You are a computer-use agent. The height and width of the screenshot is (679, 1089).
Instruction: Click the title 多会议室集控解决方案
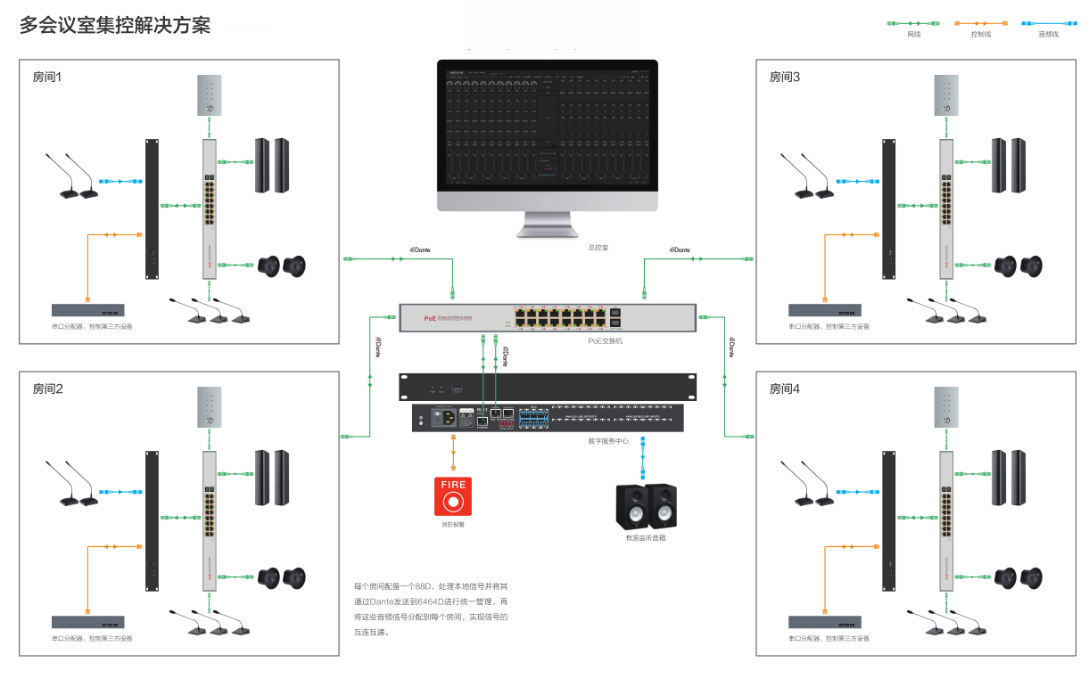coord(115,25)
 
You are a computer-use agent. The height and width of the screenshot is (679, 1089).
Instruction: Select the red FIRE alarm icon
coord(453,497)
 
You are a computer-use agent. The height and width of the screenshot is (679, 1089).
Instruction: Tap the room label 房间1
coord(47,77)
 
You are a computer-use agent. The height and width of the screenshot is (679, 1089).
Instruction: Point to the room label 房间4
coord(785,389)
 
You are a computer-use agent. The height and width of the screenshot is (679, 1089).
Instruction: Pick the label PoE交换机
coord(605,340)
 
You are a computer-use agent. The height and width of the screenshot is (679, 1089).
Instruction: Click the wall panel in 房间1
coord(209,95)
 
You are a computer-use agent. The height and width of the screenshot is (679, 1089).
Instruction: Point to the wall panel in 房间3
coord(945,95)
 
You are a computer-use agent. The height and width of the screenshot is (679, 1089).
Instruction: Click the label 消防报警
coord(452,524)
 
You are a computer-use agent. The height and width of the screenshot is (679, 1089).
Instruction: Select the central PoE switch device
coord(547,317)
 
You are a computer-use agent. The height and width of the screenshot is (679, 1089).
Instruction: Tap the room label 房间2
coord(47,389)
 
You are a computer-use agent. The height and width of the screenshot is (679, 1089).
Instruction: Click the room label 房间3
coord(785,77)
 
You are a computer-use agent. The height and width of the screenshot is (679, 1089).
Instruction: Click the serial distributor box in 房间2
coord(87,622)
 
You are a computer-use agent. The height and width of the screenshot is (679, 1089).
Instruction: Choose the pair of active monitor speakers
coord(647,506)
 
